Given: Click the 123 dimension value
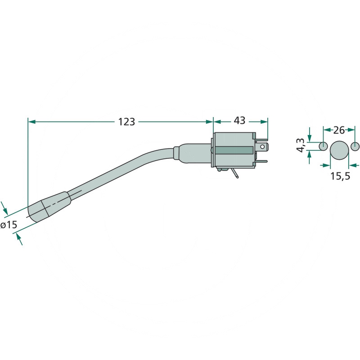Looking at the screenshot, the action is coord(126,121).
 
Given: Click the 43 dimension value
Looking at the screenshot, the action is coord(239,120).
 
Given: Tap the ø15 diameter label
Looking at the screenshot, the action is coord(9,225).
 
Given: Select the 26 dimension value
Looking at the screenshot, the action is coord(339,130).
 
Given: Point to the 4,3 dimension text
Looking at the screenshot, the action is coord(301,145).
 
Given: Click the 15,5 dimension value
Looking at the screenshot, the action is coord(340,176).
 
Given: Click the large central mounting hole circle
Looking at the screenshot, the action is coord(339,150).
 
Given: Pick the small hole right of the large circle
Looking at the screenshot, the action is coord(355,146).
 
